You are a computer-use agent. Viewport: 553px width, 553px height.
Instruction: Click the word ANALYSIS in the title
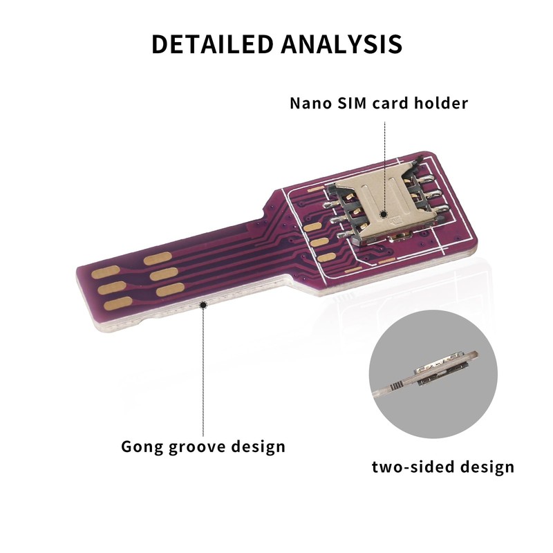[341, 44]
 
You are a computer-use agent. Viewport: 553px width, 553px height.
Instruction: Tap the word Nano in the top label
[308, 104]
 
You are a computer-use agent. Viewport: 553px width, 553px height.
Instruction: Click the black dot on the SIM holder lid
[384, 205]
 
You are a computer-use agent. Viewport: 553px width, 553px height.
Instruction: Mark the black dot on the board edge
[203, 303]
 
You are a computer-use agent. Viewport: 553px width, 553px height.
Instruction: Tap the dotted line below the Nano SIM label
[384, 159]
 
